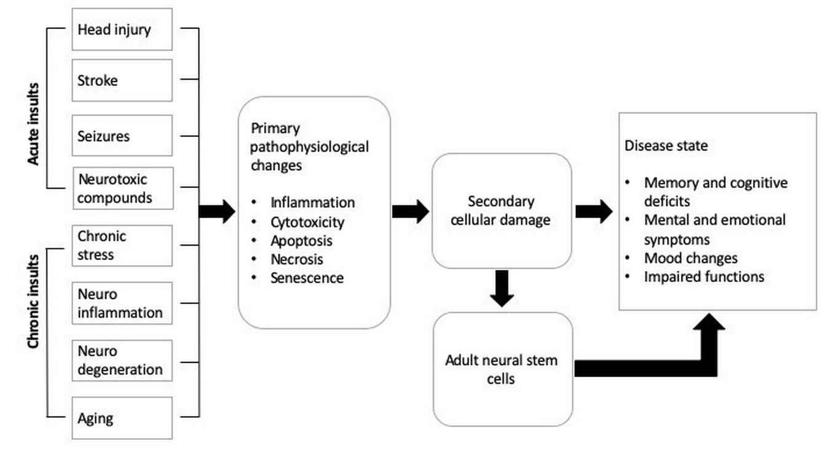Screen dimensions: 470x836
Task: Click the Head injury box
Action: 122,29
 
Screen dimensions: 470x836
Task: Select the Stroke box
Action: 122,80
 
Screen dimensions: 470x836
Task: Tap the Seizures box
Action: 122,135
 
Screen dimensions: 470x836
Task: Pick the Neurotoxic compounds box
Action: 122,189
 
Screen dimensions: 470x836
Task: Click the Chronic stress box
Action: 122,245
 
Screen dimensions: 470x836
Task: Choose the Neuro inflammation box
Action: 122,303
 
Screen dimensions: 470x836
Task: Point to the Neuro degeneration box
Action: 122,360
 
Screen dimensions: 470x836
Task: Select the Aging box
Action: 122,418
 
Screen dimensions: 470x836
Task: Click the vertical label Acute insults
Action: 33,123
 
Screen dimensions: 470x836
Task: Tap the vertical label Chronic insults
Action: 33,301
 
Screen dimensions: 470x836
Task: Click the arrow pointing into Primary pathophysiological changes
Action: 217,211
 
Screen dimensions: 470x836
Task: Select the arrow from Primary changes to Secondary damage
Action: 410,211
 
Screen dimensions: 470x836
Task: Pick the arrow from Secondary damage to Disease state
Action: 593,211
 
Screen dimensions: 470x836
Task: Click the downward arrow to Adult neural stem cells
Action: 502,288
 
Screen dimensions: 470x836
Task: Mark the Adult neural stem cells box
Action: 502,369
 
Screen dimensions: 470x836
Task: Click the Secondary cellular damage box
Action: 502,211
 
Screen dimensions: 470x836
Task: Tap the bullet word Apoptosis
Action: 301,240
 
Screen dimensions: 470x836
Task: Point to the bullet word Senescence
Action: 307,278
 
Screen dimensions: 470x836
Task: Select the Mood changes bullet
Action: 690,258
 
